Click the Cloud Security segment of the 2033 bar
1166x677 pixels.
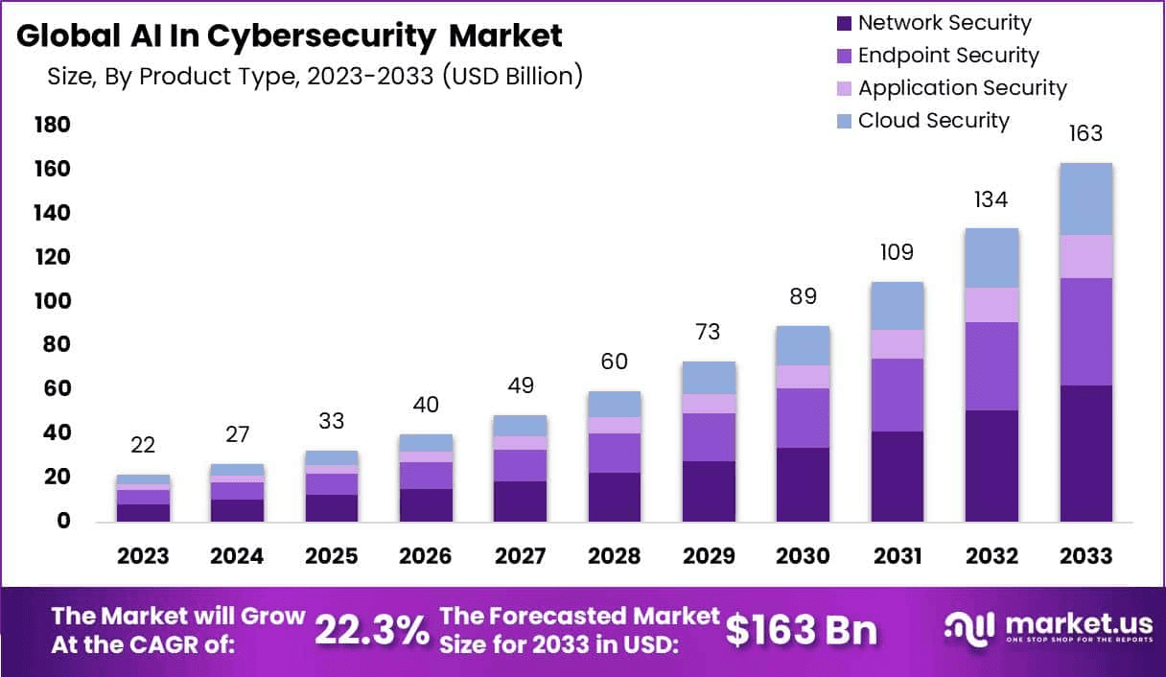pyautogui.click(x=1085, y=198)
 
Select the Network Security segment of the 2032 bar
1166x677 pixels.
pyautogui.click(x=991, y=466)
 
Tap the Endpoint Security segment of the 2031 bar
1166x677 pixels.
pyautogui.click(x=898, y=395)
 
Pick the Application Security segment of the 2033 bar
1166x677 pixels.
pyautogui.click(x=1085, y=256)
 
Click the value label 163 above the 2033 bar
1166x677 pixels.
pyautogui.click(x=1085, y=133)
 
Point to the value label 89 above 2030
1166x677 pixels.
pyautogui.click(x=803, y=296)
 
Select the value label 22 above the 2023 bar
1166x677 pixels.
pyautogui.click(x=144, y=445)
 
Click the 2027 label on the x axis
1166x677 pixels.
pyautogui.click(x=521, y=557)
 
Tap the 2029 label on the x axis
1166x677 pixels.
pyautogui.click(x=709, y=557)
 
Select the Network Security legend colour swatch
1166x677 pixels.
pyautogui.click(x=843, y=23)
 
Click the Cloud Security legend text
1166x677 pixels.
pyautogui.click(x=933, y=121)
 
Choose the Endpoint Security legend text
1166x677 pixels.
pyautogui.click(x=947, y=56)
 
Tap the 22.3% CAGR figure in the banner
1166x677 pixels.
pyautogui.click(x=372, y=630)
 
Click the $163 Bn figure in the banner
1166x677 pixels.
pyautogui.click(x=801, y=630)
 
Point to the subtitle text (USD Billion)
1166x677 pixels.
pyautogui.click(x=512, y=76)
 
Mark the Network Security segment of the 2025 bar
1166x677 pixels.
pyautogui.click(x=332, y=508)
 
